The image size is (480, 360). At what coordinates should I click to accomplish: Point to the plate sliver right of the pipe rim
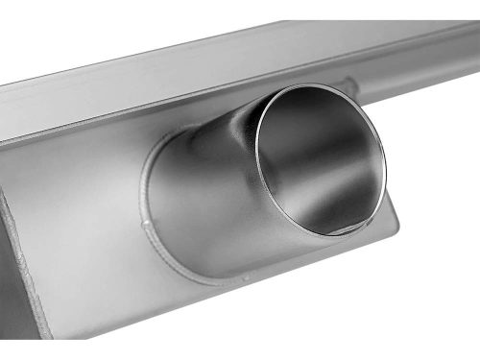point(392,216)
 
